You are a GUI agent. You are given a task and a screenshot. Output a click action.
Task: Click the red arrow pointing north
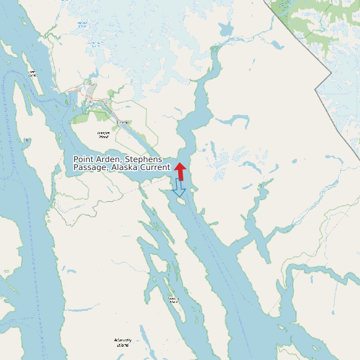pos(181,170)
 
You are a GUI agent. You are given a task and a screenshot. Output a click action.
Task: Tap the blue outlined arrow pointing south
pos(179,189)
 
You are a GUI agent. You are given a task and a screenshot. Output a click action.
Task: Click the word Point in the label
pos(83,159)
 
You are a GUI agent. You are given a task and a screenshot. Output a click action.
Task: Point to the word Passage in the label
pos(90,168)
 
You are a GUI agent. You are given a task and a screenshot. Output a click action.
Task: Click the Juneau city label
pos(122,123)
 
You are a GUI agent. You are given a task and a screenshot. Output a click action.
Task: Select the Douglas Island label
pos(103,134)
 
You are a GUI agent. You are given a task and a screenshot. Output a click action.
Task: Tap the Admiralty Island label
pos(123,342)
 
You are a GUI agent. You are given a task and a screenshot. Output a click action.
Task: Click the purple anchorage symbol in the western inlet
pos(26,141)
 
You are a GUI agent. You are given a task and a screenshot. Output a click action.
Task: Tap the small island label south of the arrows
pos(173,300)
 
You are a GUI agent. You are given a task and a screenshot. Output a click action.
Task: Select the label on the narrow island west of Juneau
pos(31,73)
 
